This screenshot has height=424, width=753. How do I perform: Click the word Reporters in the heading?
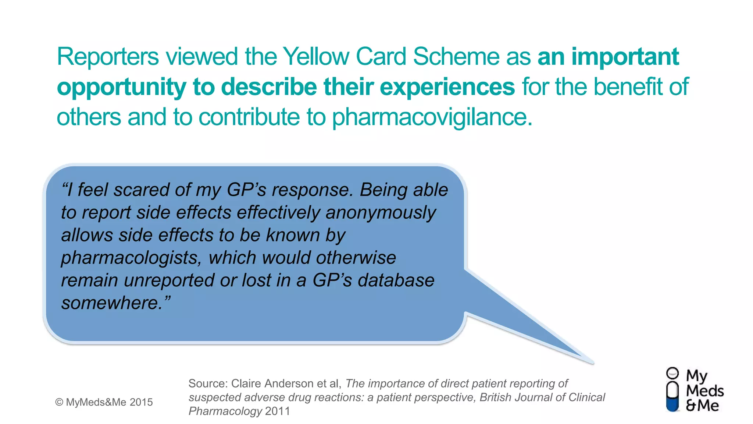[108, 57]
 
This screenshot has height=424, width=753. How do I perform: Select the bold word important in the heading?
[625, 57]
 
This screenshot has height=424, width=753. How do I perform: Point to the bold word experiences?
[447, 87]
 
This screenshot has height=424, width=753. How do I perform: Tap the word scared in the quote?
[141, 190]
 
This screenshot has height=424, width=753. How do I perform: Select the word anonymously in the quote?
[381, 213]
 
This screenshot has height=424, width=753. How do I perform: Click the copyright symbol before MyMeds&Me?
[59, 402]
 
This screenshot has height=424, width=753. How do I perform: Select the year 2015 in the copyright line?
[141, 402]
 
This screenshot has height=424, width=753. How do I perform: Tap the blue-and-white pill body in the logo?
[672, 397]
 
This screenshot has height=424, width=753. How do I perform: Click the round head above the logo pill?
[672, 373]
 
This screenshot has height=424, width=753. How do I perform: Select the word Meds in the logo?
[704, 391]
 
